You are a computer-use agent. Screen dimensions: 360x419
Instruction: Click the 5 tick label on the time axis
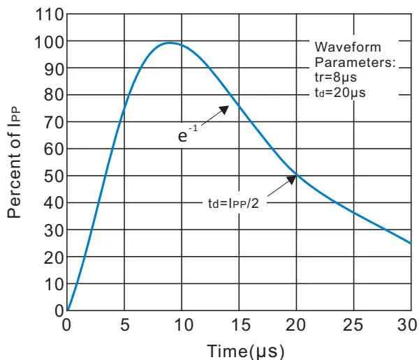tap(124, 325)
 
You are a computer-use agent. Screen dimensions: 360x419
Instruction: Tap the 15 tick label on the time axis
tap(239, 325)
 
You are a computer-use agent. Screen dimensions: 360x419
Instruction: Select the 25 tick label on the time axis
tap(353, 325)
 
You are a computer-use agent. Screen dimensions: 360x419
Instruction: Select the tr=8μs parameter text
tap(338, 77)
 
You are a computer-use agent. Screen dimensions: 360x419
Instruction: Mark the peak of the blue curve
tap(168, 43)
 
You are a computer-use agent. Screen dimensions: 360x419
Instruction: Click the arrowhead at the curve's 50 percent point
tap(294, 177)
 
